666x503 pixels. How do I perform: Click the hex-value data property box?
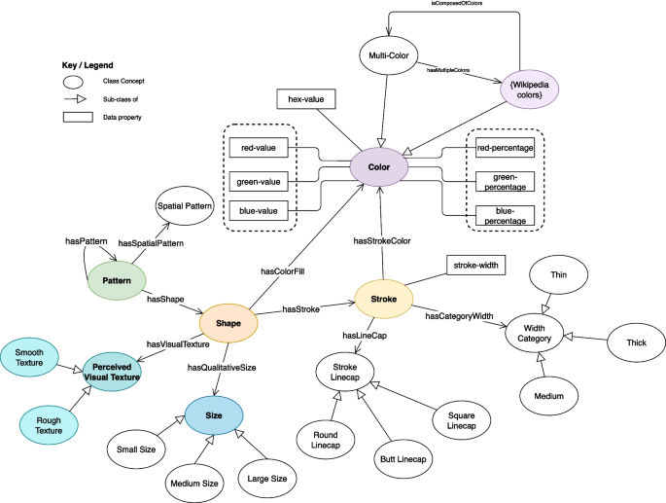click(x=306, y=99)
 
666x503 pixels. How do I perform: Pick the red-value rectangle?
click(x=262, y=149)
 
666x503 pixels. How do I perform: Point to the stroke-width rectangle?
click(x=475, y=264)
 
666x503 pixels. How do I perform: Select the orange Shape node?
click(x=228, y=323)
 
